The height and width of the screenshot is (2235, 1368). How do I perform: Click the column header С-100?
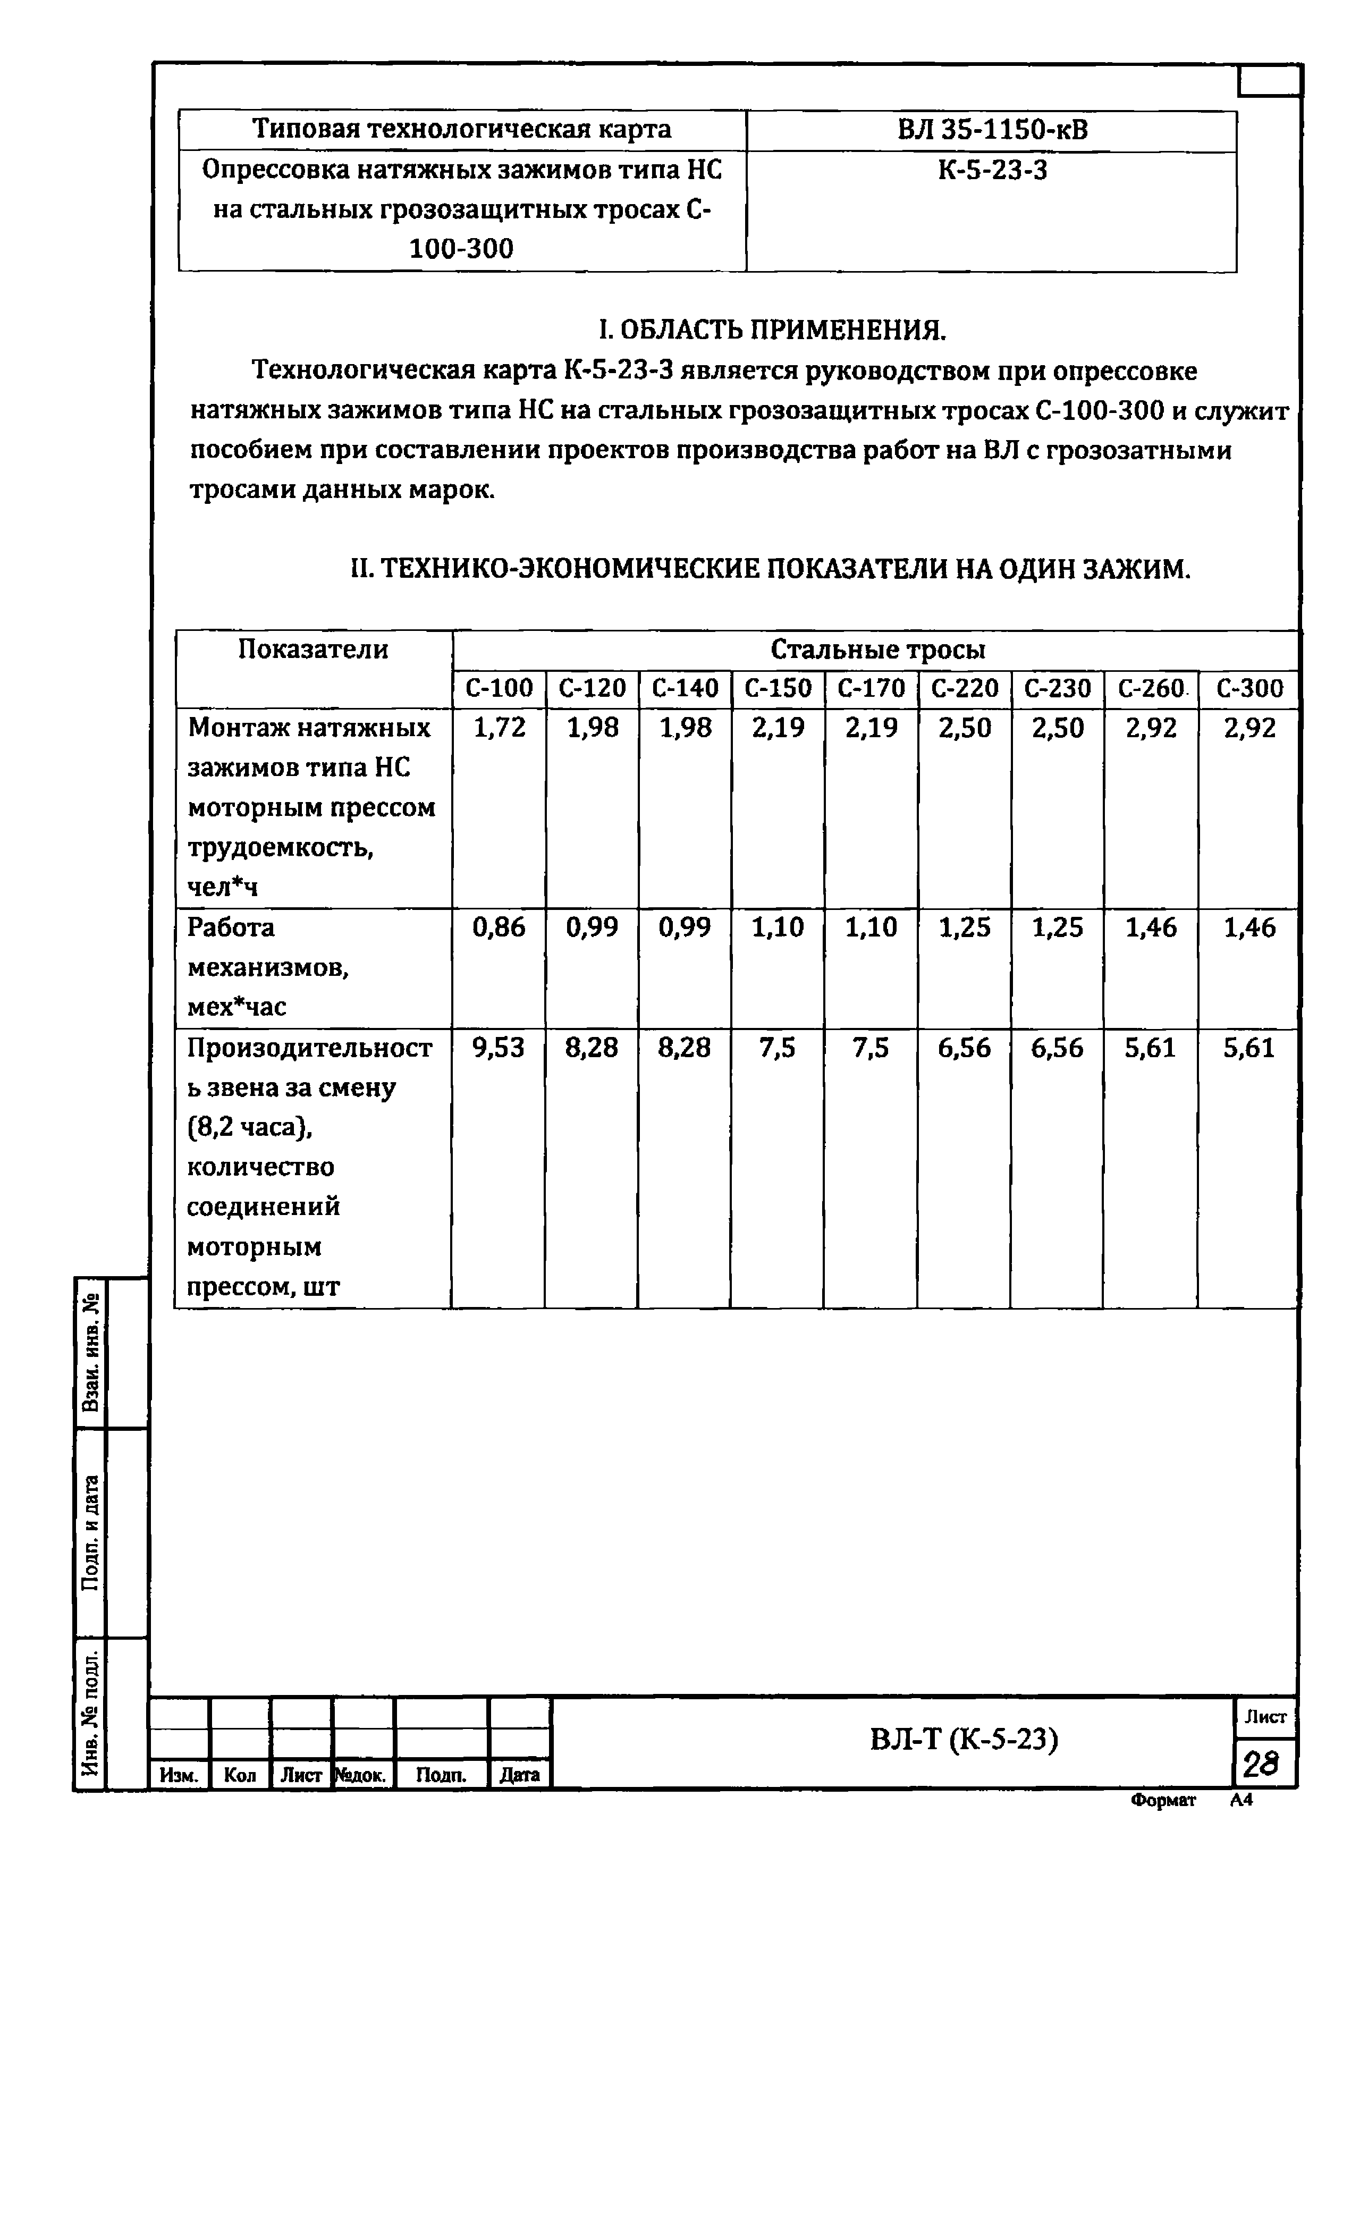tap(499, 688)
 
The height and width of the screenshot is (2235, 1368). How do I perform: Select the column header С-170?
tap(871, 688)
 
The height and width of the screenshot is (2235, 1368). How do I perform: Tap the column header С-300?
tap(1249, 688)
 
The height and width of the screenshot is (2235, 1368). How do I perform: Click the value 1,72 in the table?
tap(499, 728)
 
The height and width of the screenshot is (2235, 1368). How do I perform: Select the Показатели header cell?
tap(313, 650)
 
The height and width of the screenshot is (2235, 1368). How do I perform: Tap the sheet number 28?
tap(1261, 1764)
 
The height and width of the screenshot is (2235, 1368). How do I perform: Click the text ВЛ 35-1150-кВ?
tap(992, 131)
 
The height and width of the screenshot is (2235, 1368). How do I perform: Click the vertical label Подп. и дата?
tap(90, 1533)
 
